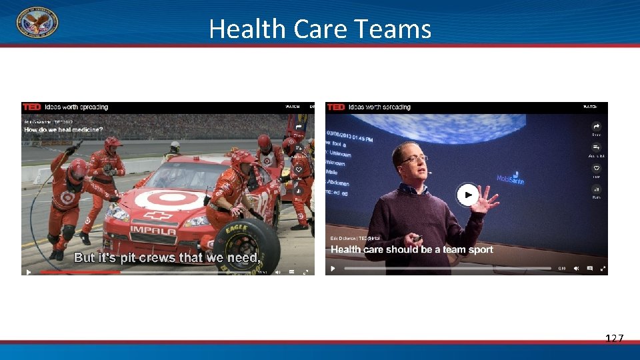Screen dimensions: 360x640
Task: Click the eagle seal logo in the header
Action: click(37, 22)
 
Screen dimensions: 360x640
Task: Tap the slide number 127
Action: click(614, 339)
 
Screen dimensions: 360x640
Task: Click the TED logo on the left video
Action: click(31, 107)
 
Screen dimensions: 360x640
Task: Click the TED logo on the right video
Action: click(336, 107)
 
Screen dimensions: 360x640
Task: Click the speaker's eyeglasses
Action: click(414, 159)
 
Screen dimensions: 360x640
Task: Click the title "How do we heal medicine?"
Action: click(63, 129)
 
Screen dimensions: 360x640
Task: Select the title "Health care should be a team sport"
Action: click(412, 249)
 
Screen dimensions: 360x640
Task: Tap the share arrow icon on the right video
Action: click(597, 126)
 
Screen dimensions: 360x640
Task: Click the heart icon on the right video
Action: click(597, 169)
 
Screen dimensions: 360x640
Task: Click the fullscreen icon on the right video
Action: click(603, 269)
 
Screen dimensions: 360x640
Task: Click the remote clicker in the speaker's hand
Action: click(417, 238)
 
